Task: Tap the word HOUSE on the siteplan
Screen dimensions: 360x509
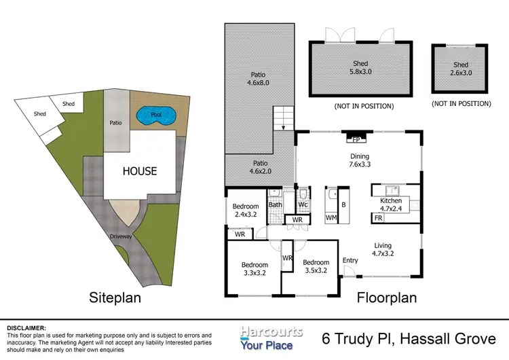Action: [x=140, y=172]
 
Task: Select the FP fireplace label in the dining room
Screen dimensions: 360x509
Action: [x=356, y=141]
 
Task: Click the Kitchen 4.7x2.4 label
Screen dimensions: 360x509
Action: [x=391, y=205]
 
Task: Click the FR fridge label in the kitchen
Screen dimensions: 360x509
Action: [x=377, y=219]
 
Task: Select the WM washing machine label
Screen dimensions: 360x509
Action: [x=331, y=218]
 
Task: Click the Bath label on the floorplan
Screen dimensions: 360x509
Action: [x=275, y=204]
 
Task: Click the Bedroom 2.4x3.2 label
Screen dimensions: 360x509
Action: [x=246, y=211]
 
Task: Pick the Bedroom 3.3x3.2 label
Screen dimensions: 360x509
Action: [x=254, y=269]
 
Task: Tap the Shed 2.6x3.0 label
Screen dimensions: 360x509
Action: [x=461, y=69]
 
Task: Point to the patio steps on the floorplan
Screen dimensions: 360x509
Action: [x=282, y=120]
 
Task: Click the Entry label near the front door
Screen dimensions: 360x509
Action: [x=350, y=261]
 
